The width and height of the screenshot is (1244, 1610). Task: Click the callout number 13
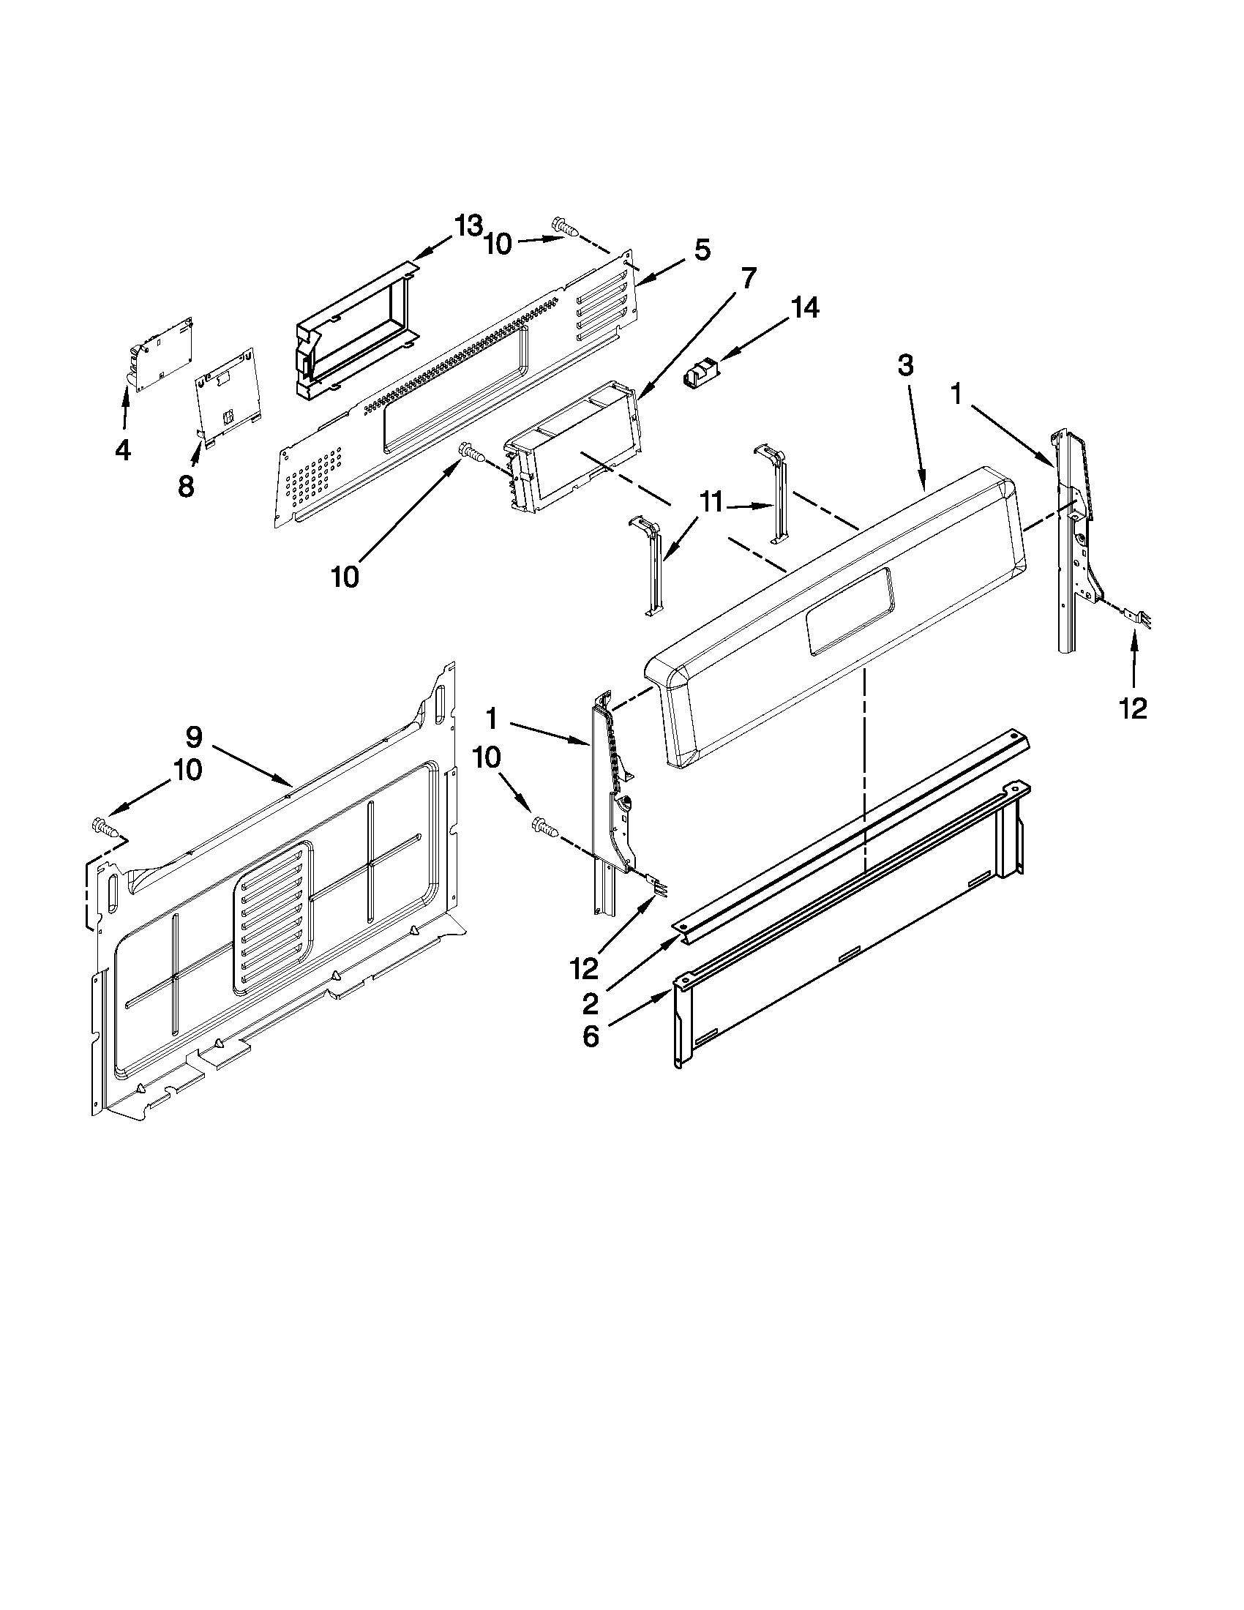(468, 226)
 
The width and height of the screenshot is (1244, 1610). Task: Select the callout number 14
(803, 308)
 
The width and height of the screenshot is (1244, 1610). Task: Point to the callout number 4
(122, 449)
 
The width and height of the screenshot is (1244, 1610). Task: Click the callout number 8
(186, 486)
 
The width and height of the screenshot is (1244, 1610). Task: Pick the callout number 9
(193, 735)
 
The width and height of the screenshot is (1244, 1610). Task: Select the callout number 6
(591, 1036)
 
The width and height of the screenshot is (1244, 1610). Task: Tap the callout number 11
(711, 503)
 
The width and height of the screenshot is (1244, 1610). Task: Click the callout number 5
(702, 250)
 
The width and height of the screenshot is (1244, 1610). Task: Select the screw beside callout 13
(564, 228)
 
